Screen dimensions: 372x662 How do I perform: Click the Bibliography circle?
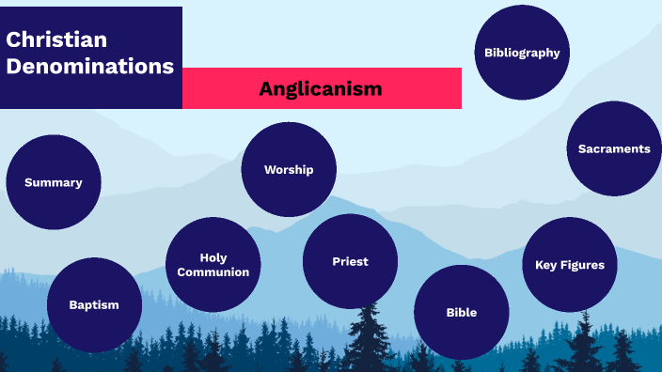[522, 53]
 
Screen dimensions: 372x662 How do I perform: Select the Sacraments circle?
[614, 148]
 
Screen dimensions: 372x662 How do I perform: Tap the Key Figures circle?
[569, 265]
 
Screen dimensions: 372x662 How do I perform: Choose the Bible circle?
[461, 312]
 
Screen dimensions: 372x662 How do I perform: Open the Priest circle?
[350, 261]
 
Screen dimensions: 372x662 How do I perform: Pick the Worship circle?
[289, 170]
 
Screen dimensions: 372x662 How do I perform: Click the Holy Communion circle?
[213, 265]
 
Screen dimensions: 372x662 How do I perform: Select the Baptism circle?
[94, 304]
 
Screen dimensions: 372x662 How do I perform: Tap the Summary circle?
[54, 182]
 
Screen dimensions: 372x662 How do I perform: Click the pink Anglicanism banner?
[321, 88]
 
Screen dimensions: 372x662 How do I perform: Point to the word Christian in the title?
[56, 39]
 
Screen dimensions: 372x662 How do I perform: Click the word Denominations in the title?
[89, 67]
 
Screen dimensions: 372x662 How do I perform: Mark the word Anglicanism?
[321, 88]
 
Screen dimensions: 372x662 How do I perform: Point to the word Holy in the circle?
[213, 257]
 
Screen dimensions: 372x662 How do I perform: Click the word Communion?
[213, 272]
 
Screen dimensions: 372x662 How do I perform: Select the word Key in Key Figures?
[546, 265]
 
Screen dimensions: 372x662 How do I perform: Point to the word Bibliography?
[522, 53]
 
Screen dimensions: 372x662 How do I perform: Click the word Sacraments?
[614, 148]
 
